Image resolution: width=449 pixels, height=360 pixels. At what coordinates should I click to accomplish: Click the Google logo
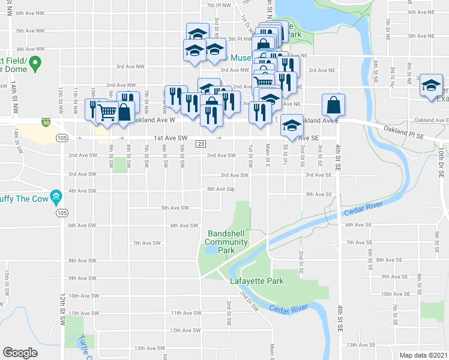pyautogui.click(x=20, y=353)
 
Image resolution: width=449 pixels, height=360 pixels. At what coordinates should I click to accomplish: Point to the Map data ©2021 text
pyautogui.click(x=423, y=355)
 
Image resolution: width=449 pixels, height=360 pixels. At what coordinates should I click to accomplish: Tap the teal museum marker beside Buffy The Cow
pyautogui.click(x=56, y=196)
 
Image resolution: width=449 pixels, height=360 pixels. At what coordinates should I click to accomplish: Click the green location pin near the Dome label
pyautogui.click(x=35, y=62)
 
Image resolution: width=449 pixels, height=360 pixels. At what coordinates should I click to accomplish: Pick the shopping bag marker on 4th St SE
pyautogui.click(x=333, y=106)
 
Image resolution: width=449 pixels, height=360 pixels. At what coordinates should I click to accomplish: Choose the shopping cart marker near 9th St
pyautogui.click(x=107, y=112)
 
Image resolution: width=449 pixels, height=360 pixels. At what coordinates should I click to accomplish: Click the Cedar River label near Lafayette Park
pyautogui.click(x=289, y=308)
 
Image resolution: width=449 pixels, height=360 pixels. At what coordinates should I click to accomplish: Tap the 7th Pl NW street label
pyautogui.click(x=219, y=5)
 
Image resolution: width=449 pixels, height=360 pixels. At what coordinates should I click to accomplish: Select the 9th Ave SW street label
pyautogui.click(x=82, y=278)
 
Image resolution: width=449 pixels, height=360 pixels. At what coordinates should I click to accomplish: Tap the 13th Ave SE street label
pyautogui.click(x=361, y=345)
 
